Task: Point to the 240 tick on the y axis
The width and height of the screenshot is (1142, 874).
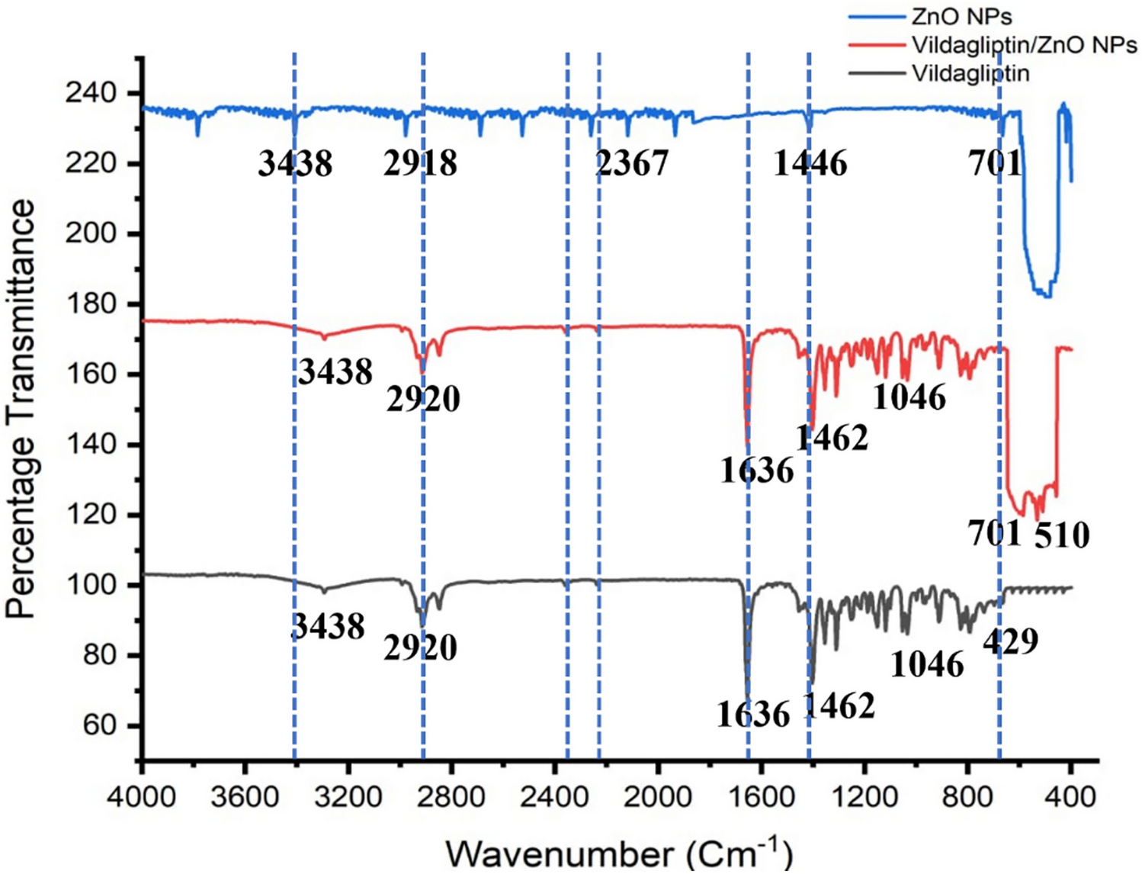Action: point(91,93)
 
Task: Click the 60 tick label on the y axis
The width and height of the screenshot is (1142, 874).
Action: point(99,725)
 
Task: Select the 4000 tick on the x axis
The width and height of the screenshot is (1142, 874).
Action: point(141,797)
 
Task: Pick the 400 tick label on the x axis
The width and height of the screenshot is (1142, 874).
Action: point(1070,797)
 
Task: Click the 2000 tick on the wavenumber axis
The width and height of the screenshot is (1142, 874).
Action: point(657,797)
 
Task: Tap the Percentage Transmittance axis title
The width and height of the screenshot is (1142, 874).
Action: point(21,408)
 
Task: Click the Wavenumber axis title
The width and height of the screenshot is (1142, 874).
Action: point(618,853)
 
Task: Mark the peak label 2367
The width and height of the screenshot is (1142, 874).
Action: point(632,163)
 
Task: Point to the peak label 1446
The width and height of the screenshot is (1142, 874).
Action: point(810,163)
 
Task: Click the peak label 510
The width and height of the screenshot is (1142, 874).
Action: point(1062,535)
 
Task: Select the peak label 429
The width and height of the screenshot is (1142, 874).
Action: point(1010,641)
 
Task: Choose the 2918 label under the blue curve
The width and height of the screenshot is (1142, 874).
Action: point(420,163)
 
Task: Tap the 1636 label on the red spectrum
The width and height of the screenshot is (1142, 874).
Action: point(757,471)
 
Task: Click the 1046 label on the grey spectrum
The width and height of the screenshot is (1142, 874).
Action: point(927,665)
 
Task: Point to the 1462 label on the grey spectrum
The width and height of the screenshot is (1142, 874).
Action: point(839,707)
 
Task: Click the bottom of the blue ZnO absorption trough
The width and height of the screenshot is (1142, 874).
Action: point(1043,294)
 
